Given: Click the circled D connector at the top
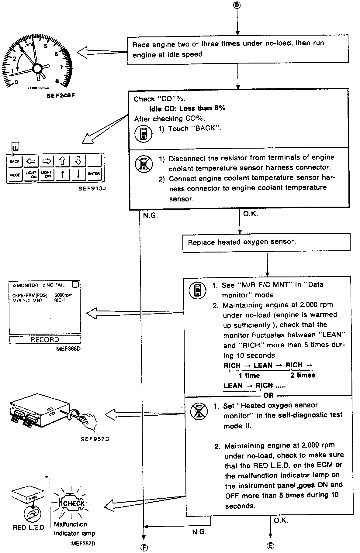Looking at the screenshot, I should [238, 5].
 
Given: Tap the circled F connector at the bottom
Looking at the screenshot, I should [144, 547].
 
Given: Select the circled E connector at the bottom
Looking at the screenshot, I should [270, 546].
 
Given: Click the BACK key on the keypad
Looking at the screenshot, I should [14, 161].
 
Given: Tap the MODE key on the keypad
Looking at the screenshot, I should [15, 175].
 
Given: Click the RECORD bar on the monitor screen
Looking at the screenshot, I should [45, 339].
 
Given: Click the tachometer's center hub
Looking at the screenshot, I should [38, 69].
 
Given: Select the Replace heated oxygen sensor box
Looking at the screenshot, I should [266, 242].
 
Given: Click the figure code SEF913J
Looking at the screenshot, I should [92, 188].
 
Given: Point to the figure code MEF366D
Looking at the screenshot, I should [68, 349].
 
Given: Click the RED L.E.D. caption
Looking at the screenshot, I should [29, 527].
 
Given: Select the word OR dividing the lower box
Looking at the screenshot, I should [269, 396].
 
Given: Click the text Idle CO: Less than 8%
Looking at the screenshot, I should [187, 108].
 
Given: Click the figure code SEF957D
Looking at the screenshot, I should [95, 439].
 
